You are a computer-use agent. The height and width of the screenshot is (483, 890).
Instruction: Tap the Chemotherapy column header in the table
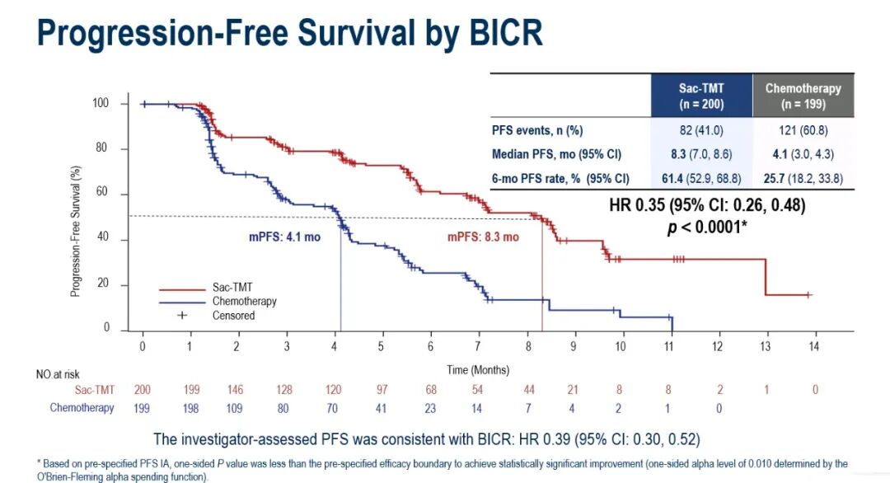pos(803,96)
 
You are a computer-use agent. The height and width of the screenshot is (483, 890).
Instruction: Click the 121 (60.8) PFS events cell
pos(803,129)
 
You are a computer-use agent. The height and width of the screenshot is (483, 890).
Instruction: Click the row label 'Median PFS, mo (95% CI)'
pos(556,154)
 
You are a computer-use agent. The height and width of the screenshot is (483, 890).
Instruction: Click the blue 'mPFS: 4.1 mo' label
pos(284,237)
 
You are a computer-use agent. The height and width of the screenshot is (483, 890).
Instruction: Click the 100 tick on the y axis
pos(101,103)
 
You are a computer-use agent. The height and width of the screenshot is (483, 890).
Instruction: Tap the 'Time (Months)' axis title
pos(478,369)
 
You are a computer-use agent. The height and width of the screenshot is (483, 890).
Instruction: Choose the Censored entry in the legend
pos(233,315)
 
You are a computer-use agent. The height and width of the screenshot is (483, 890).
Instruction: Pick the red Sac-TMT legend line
pos(181,288)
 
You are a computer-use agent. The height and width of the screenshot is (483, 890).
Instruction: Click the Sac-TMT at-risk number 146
pos(237,389)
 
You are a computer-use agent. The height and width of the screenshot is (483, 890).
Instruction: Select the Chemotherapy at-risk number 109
pos(237,407)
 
